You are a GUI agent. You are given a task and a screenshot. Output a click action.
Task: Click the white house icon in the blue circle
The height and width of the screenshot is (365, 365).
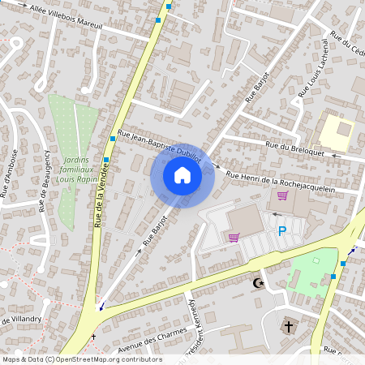[x=182, y=175]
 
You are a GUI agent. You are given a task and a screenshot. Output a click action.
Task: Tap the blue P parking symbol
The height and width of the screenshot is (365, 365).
[x=282, y=231]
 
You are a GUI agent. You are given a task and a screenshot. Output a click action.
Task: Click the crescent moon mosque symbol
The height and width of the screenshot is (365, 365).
[x=259, y=283]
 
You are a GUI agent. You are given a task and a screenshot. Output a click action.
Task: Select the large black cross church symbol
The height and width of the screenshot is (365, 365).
[x=287, y=327]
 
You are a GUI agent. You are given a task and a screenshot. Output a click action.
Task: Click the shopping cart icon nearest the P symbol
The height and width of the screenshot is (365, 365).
[x=234, y=237]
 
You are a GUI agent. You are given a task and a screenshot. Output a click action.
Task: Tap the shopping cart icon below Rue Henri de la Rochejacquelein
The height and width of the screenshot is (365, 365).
[x=282, y=195]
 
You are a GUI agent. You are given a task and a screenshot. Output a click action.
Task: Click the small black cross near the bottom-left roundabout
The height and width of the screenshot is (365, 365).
[x=92, y=336]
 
